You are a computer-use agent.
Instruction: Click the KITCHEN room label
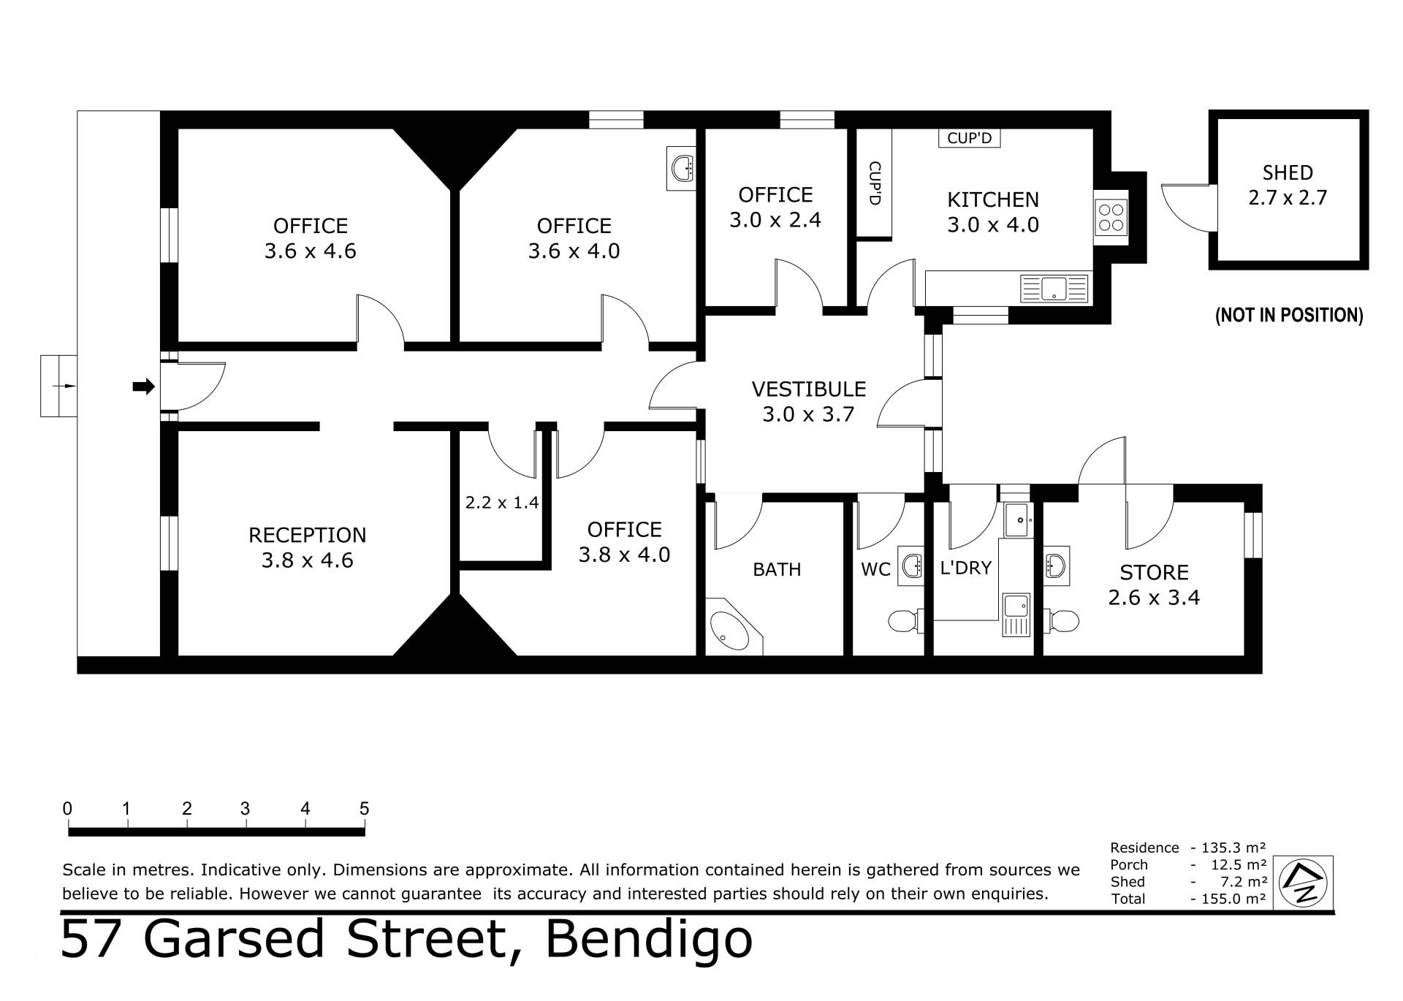click(x=992, y=199)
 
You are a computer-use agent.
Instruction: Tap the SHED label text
click(x=1288, y=173)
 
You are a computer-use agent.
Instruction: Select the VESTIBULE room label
click(x=808, y=389)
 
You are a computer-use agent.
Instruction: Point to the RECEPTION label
click(x=307, y=536)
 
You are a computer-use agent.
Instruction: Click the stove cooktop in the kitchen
click(x=1111, y=217)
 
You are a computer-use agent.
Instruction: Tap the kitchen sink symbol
click(x=1054, y=289)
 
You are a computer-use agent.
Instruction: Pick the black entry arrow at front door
click(x=143, y=387)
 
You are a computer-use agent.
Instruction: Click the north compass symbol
click(x=1303, y=882)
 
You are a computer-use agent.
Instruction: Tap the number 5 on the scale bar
click(x=364, y=809)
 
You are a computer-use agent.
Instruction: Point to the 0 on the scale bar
click(x=67, y=809)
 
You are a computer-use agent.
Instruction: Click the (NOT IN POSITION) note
click(x=1289, y=315)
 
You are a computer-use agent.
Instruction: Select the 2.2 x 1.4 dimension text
click(x=502, y=503)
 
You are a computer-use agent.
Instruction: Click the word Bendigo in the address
click(x=648, y=940)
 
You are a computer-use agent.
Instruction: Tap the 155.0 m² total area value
click(x=1228, y=899)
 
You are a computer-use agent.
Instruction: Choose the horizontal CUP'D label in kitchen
click(x=969, y=138)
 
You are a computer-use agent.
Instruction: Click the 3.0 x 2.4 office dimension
click(x=775, y=220)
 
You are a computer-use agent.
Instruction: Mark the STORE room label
click(x=1154, y=572)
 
